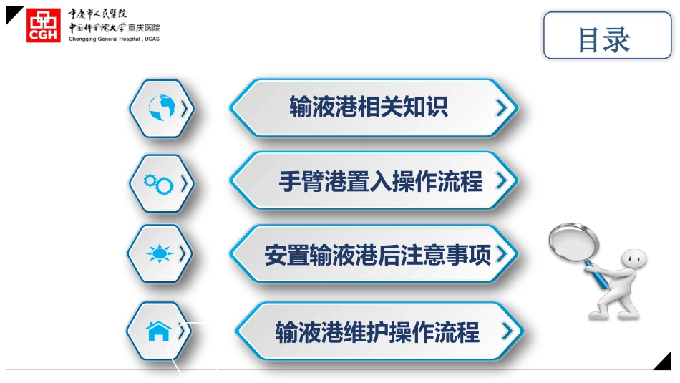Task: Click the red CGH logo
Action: point(44,26)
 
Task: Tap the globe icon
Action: point(161,108)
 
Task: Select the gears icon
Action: point(158,184)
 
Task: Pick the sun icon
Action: point(159,254)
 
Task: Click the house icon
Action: point(158,331)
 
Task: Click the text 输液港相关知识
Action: point(369,107)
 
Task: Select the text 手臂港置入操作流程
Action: point(381,182)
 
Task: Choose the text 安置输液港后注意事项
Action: point(378,255)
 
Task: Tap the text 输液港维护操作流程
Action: point(377,332)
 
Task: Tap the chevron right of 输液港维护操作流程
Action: point(507,331)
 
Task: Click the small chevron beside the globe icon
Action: point(184,108)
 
